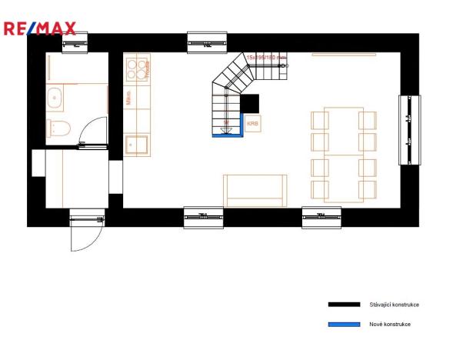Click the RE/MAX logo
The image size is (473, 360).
pos(40,29)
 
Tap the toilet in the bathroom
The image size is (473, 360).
pos(59,128)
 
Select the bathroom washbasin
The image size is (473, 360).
pos(55,98)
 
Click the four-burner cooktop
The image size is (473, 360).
pos(135,69)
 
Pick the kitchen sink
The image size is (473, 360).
pos(136,144)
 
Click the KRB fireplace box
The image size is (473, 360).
pos(252,123)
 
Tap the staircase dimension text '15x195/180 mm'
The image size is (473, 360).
pos(266,57)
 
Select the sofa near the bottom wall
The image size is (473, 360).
pos(255,190)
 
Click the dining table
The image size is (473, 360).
pos(343,154)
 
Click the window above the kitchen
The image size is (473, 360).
pos(205,42)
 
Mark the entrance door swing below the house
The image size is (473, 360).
pos(86,231)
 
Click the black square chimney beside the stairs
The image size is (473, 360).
pos(250,103)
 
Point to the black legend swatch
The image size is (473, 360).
pos(344,305)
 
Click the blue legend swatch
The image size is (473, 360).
pos(344,324)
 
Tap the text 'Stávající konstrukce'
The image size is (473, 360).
pos(394,305)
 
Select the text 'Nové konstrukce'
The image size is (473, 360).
pos(389,324)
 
